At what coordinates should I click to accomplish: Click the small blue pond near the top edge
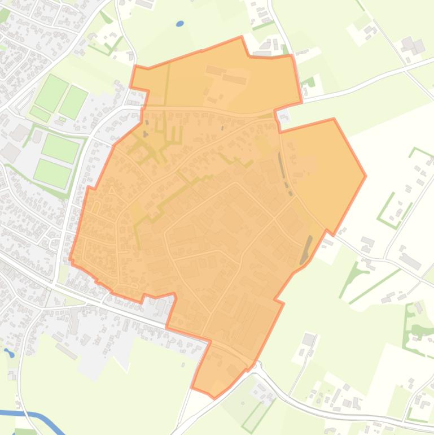[x=180, y=24]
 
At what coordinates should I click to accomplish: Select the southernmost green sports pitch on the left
[x=52, y=156]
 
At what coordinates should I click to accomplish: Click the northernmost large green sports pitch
[x=52, y=92]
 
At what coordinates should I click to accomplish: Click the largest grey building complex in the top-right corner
[x=412, y=45]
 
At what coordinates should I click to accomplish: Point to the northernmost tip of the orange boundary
[x=242, y=37]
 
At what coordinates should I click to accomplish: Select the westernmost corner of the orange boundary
[x=70, y=260]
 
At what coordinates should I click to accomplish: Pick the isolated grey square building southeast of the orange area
[x=308, y=340]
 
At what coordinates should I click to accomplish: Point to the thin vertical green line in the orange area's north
[x=167, y=85]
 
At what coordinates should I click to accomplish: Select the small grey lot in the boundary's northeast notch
[x=283, y=116]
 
